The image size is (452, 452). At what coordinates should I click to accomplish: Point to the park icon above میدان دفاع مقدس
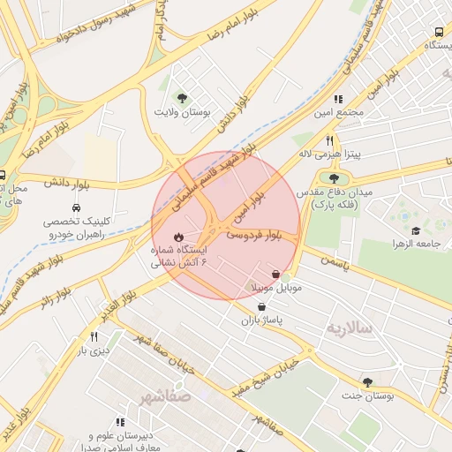pyautogui.click(x=334, y=178)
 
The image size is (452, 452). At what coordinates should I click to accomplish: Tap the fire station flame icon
pyautogui.click(x=179, y=237)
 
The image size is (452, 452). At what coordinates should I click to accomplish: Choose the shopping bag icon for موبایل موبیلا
pyautogui.click(x=277, y=275)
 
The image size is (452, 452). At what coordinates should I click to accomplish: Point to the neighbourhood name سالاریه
pyautogui.click(x=350, y=328)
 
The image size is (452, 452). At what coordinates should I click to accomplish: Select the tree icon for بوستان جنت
pyautogui.click(x=367, y=382)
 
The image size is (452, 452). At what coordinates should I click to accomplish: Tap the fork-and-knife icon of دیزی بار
pyautogui.click(x=94, y=336)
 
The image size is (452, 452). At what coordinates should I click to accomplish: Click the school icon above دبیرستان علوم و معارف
pyautogui.click(x=122, y=424)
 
